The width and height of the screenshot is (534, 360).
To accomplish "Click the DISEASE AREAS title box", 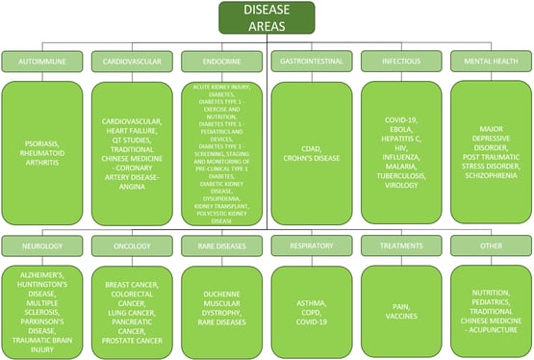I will coord(267,17).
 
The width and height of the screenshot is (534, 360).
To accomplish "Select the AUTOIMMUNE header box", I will coord(42,61).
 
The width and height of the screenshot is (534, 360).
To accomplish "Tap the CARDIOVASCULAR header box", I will coord(132,61).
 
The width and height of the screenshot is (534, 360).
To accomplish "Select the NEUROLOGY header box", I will coord(42,245).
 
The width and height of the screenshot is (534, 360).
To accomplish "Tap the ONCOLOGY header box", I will coord(132,245).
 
